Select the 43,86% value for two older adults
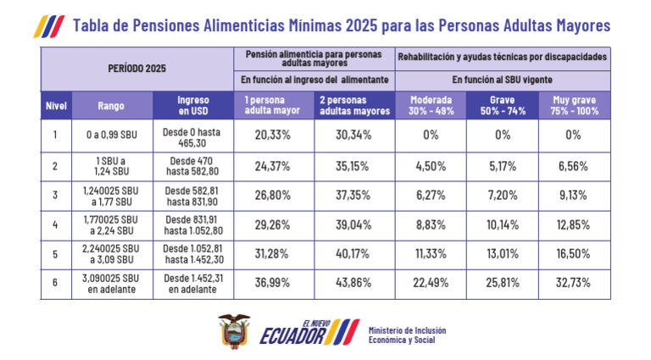click(x=353, y=285)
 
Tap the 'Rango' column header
click(x=111, y=106)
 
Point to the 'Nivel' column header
click(x=56, y=106)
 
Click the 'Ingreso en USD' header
click(x=193, y=106)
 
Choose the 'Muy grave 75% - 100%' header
click(x=574, y=106)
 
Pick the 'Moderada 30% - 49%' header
click(x=431, y=106)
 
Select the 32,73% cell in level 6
click(x=574, y=285)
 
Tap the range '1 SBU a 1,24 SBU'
click(x=111, y=165)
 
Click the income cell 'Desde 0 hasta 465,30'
click(x=193, y=135)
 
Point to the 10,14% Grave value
click(x=503, y=225)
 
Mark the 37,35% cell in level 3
click(x=353, y=195)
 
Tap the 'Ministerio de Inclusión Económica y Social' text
click(x=407, y=335)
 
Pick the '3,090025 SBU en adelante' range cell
click(x=111, y=285)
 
